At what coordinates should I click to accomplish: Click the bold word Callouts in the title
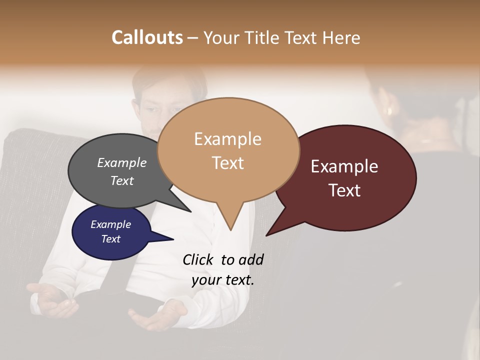[x=147, y=37]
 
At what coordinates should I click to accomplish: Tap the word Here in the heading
[x=341, y=37]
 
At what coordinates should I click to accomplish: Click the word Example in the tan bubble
[x=227, y=139]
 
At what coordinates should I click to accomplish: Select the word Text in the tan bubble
[x=227, y=163]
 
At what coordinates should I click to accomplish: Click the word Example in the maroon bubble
[x=344, y=166]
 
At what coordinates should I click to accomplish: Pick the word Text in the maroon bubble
[x=344, y=190]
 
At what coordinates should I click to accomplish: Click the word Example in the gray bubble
[x=121, y=163]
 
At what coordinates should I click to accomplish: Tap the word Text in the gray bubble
[x=121, y=181]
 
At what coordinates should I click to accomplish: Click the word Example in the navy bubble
[x=110, y=224]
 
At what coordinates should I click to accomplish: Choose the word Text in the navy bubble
[x=110, y=239]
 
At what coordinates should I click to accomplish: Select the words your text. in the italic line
[x=222, y=280]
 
